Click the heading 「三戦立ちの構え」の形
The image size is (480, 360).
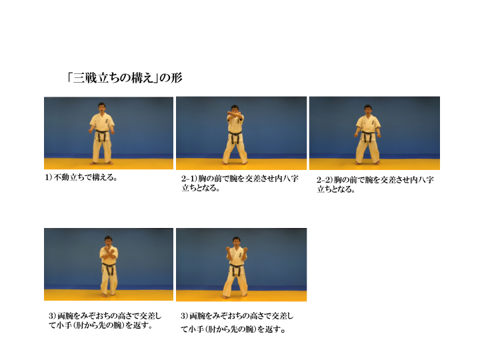(x=125, y=78)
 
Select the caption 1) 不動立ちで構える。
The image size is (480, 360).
(x=81, y=177)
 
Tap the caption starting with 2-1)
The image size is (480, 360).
(x=240, y=183)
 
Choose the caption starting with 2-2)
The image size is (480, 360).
(x=375, y=184)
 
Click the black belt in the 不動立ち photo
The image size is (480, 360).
(x=102, y=135)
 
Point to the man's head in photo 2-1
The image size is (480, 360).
(x=235, y=109)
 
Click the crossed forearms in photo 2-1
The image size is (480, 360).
(x=235, y=117)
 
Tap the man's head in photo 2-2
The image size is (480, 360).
(x=368, y=109)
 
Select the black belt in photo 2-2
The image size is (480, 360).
(x=368, y=135)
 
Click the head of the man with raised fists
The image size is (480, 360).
(x=236, y=241)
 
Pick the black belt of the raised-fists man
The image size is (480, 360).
(x=236, y=269)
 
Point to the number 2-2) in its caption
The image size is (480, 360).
(x=325, y=180)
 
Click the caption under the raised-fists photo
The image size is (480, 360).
(x=237, y=323)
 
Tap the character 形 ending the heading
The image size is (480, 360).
(x=177, y=78)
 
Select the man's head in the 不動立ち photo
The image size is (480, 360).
(x=102, y=107)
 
